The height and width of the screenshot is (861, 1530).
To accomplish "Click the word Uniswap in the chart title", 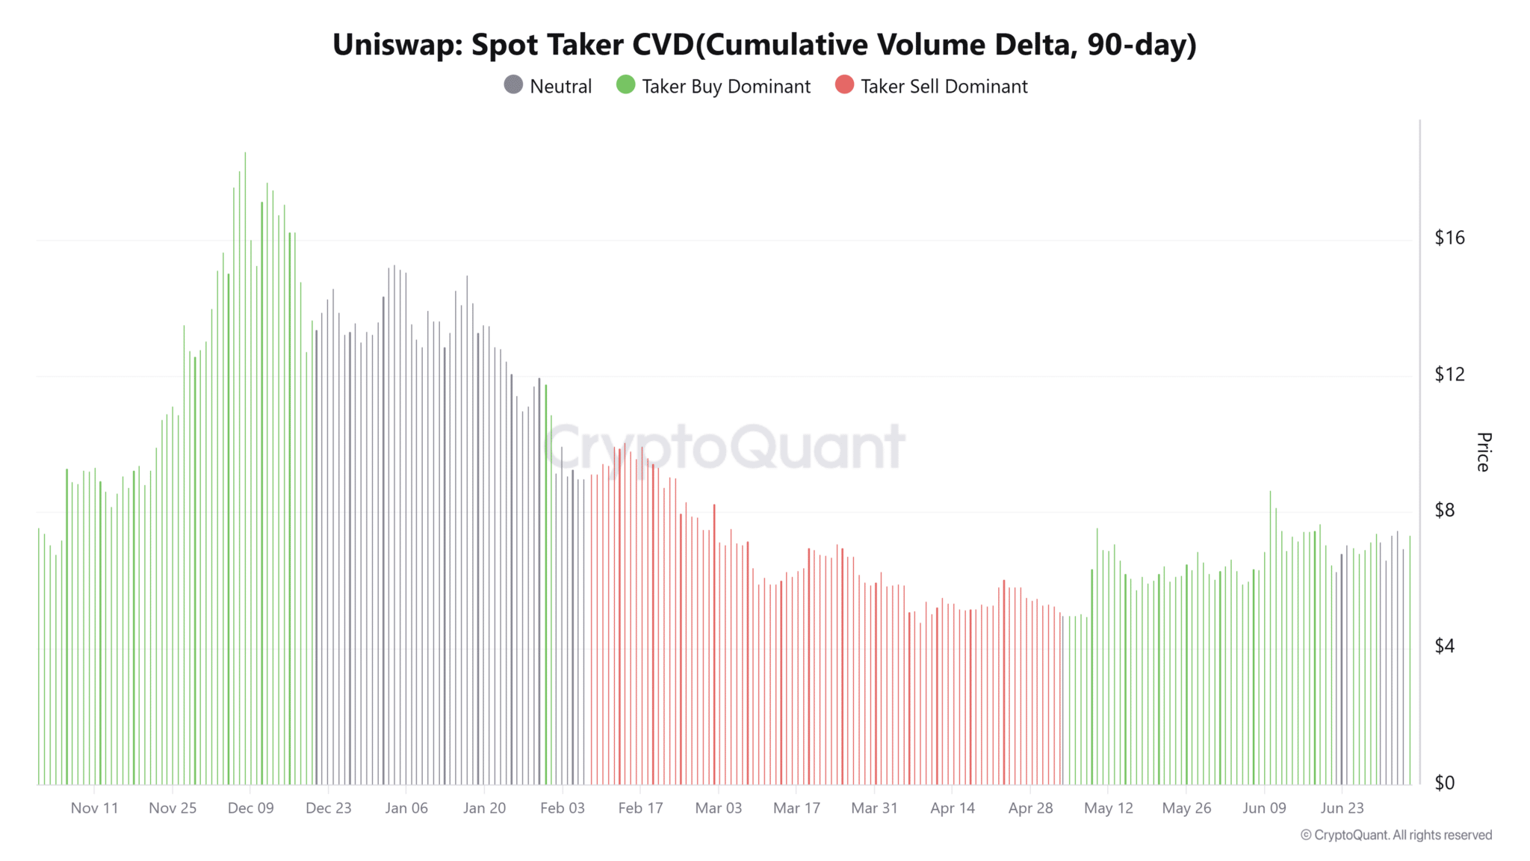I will click(x=397, y=46).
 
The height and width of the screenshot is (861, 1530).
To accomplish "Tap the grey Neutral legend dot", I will click(x=513, y=85).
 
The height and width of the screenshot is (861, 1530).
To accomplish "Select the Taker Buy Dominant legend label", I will click(x=725, y=87).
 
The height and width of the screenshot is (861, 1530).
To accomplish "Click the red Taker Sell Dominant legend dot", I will click(x=844, y=85).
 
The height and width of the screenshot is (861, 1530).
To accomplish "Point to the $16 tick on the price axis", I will click(x=1449, y=238).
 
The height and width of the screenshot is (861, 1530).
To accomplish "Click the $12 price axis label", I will click(x=1449, y=374).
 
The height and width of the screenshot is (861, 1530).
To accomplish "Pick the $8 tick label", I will click(x=1445, y=510).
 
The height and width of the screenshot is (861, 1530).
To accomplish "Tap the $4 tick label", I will click(x=1445, y=646).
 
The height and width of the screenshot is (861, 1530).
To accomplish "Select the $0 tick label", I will click(x=1445, y=783).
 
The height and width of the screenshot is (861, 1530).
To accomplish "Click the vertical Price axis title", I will click(x=1484, y=451).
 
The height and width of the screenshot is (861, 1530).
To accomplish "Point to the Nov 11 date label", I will click(x=95, y=808).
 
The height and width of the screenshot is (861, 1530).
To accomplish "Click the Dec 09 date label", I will click(x=251, y=808).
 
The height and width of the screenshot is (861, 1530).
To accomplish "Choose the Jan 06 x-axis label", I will click(x=406, y=808).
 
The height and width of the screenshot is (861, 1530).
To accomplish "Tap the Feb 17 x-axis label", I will click(x=640, y=808).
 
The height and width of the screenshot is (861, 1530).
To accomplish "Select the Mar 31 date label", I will click(x=874, y=808).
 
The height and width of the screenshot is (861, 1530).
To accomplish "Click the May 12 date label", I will click(x=1108, y=808).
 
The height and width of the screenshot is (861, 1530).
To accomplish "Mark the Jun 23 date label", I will click(x=1342, y=808).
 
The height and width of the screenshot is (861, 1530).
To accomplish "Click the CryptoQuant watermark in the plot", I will click(x=725, y=447).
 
